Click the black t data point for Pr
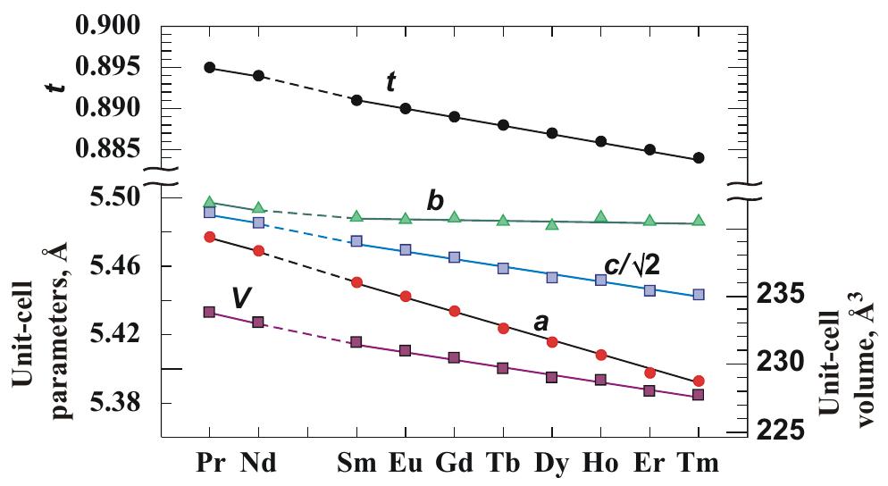tap(209, 68)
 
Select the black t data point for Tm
tap(699, 158)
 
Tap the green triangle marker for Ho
tap(601, 217)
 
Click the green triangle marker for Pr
tap(209, 203)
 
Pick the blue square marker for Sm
tap(356, 241)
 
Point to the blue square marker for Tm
tap(699, 294)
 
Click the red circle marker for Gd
tap(454, 311)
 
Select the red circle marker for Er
tap(649, 373)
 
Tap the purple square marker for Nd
tap(258, 322)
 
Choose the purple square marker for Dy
tap(552, 377)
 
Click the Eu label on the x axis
tap(406, 465)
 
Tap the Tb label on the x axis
tap(503, 465)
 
